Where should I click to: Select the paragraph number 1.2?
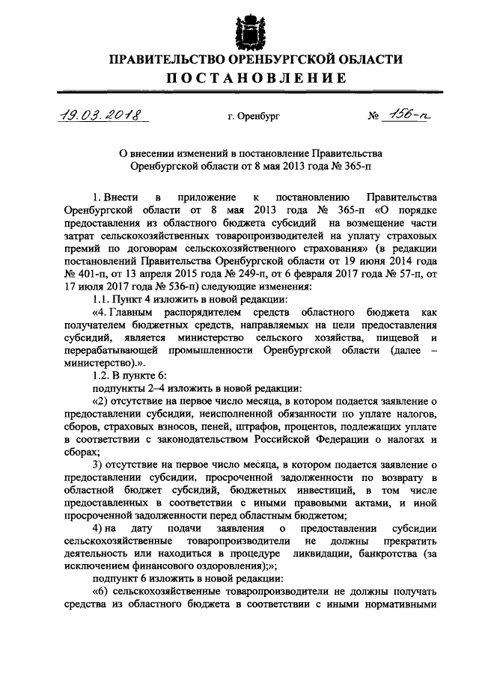pos(100,375)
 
